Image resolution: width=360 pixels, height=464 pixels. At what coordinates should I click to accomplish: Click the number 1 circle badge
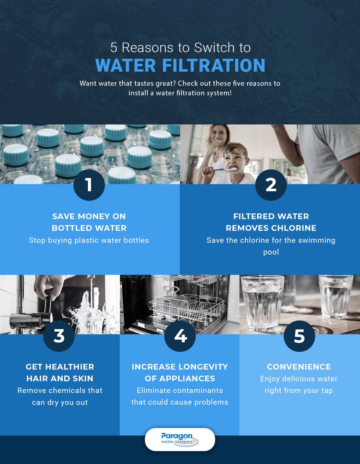click(89, 185)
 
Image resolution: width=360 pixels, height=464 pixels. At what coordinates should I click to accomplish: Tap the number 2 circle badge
click(271, 185)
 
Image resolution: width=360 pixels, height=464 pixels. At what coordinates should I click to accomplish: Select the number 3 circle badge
click(59, 336)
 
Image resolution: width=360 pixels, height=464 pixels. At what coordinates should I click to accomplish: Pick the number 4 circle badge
click(180, 336)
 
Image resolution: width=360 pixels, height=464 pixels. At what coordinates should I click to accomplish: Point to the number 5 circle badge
click(299, 336)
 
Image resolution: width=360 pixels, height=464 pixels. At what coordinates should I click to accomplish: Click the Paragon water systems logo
click(180, 439)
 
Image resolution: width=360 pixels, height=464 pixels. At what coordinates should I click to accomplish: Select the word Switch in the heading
click(214, 47)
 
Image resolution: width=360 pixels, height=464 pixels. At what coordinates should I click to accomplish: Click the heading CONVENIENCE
click(299, 367)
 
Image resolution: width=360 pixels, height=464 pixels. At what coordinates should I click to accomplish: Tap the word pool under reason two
click(271, 252)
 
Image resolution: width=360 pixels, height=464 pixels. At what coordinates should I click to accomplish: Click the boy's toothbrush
click(225, 169)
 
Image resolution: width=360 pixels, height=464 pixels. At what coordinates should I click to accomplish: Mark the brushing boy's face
click(236, 159)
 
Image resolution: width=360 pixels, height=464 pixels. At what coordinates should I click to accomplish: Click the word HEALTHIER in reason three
click(70, 367)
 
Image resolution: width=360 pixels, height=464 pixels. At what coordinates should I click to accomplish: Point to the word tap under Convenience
click(327, 391)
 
